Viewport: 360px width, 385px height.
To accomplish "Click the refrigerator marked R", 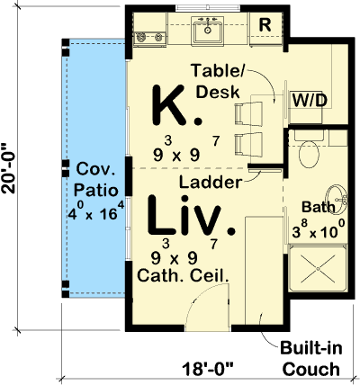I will (x=265, y=26).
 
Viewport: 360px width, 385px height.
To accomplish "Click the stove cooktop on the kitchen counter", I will (x=148, y=38).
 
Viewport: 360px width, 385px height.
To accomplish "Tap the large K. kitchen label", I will (x=172, y=106).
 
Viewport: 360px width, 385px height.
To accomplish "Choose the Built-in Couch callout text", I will (x=309, y=360).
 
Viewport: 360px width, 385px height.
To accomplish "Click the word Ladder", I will (x=209, y=182).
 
